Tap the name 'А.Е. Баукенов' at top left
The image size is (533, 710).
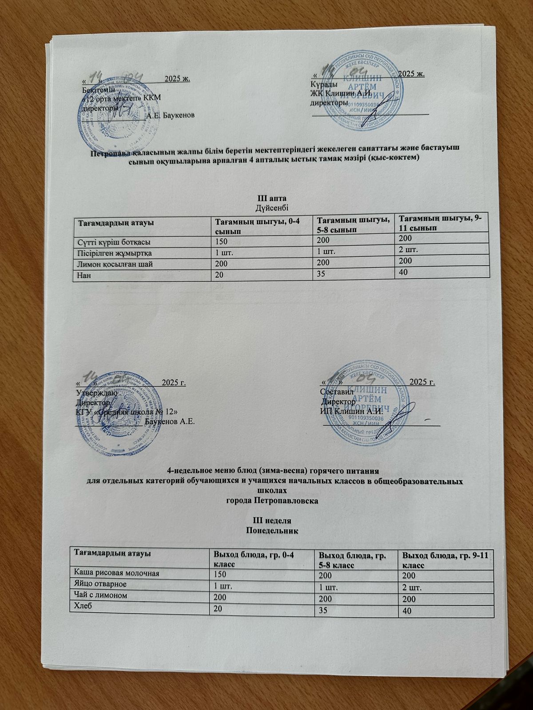[x=170, y=116]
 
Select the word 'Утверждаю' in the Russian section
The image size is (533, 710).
[x=97, y=393]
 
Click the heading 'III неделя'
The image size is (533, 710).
[x=272, y=520]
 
